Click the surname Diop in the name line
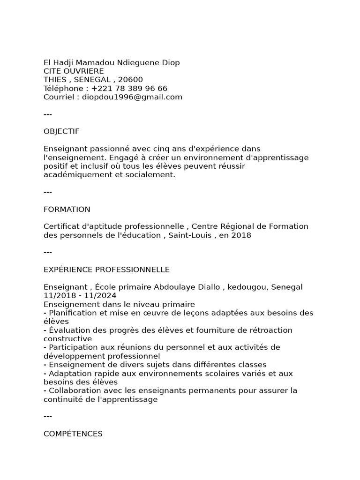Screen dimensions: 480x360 171,63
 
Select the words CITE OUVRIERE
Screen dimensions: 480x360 74,71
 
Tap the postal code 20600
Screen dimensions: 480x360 131,80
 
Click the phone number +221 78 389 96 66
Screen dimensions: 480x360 129,89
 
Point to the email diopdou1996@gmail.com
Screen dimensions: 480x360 132,97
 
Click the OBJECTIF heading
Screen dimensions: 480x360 61,131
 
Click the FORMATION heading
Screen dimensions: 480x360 67,209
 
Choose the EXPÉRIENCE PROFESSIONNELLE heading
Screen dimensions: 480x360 106,270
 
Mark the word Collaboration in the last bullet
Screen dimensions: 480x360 73,390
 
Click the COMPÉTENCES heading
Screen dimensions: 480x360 73,434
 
